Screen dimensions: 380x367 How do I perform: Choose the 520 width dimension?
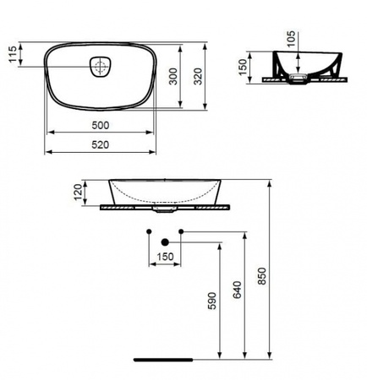pyautogui.click(x=101, y=146)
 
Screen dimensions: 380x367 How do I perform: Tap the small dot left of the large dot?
pyautogui.click(x=149, y=231)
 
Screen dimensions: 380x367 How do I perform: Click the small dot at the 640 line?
pyautogui.click(x=180, y=231)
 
